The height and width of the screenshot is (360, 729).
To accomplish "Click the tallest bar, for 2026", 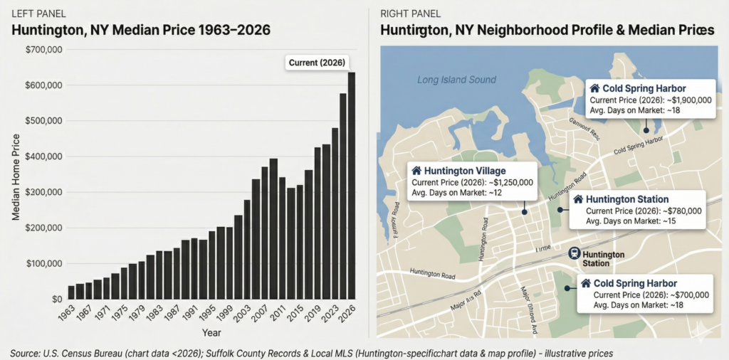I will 351,185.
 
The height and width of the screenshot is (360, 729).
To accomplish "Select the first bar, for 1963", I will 71,292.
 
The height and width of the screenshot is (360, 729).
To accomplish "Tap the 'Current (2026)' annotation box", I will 317,63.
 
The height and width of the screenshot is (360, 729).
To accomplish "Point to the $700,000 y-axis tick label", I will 44,50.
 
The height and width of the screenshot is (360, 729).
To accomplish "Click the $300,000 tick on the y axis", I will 44,192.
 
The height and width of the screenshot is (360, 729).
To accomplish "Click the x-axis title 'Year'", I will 211,332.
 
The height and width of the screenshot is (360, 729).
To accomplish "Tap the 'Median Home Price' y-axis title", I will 16,174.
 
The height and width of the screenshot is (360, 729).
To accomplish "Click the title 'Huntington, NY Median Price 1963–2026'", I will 141,31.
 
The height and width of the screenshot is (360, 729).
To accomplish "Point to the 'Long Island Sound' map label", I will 456,80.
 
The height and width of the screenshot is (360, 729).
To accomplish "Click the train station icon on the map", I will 573,254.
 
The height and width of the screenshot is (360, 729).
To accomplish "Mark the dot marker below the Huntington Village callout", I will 524,211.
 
